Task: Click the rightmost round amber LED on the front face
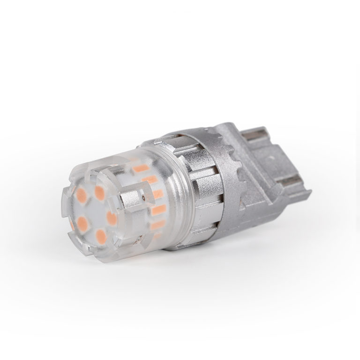click(112, 217)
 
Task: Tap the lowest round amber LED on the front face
click(100, 234)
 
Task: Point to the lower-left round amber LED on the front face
click(82, 221)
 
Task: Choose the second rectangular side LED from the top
click(150, 180)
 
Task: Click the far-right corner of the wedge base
click(310, 193)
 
